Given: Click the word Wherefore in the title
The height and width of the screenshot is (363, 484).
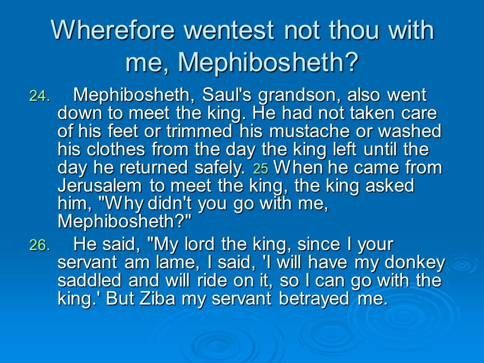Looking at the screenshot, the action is (113, 30).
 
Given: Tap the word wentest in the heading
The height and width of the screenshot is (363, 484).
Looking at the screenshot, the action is (229, 31).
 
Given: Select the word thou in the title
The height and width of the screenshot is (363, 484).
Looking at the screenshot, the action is (354, 30).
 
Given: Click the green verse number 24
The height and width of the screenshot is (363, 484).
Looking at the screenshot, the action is (39, 96).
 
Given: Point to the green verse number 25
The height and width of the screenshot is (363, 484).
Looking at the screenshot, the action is (261, 169).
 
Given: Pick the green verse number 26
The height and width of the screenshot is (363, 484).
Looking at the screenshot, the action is (39, 246).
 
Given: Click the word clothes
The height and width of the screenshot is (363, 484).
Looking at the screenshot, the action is (116, 149).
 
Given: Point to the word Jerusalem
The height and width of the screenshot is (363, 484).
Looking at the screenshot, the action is (99, 186).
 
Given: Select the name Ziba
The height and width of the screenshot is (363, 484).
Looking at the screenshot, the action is (157, 298).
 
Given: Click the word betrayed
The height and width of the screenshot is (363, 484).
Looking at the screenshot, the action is (314, 299).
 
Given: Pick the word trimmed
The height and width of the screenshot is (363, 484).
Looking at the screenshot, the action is (199, 131).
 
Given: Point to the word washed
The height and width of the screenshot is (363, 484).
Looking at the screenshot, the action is (410, 131).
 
